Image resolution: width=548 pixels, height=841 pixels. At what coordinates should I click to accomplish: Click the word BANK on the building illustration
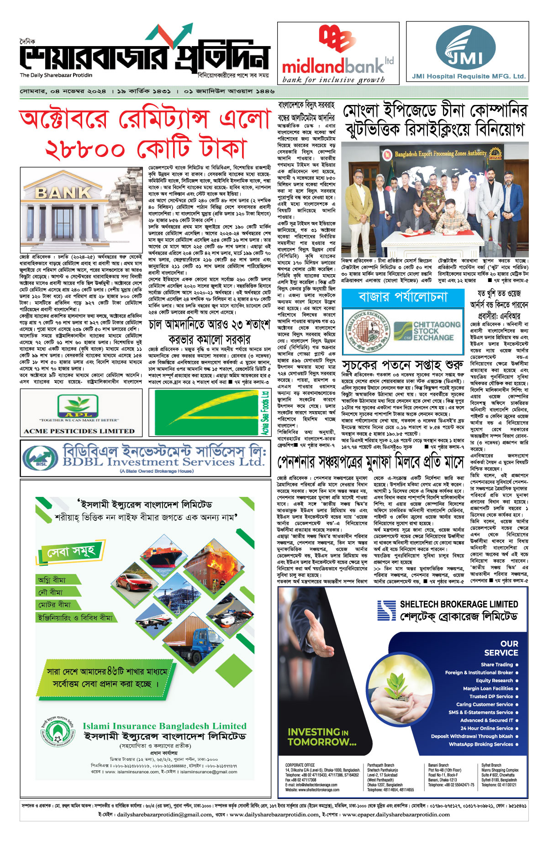63,193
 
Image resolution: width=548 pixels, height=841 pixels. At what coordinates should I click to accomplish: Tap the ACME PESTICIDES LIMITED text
79,431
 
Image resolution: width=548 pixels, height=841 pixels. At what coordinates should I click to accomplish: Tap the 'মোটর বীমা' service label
54,605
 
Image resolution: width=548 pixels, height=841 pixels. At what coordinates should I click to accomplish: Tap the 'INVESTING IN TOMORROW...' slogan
322,737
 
